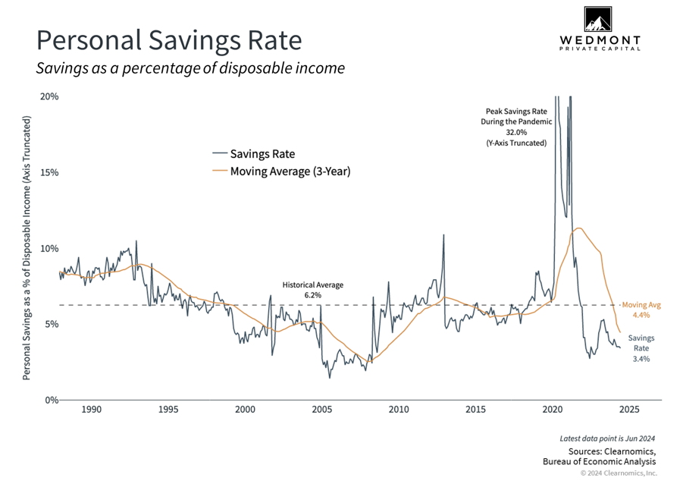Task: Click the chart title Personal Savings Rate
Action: [x=168, y=40]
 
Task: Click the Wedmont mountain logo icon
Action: [x=599, y=20]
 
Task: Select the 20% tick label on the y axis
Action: [x=49, y=97]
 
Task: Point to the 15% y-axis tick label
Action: [x=49, y=172]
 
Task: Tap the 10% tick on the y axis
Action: [x=49, y=248]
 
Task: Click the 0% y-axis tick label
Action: [x=52, y=400]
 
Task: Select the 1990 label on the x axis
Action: [x=91, y=410]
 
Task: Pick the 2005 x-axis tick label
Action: [x=321, y=410]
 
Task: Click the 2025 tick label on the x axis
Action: [x=628, y=410]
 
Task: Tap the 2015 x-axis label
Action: [x=475, y=410]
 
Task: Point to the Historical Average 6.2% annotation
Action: [x=313, y=290]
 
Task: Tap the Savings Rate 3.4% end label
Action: [x=641, y=348]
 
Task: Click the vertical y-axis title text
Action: [x=28, y=248]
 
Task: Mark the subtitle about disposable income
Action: [x=190, y=68]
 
